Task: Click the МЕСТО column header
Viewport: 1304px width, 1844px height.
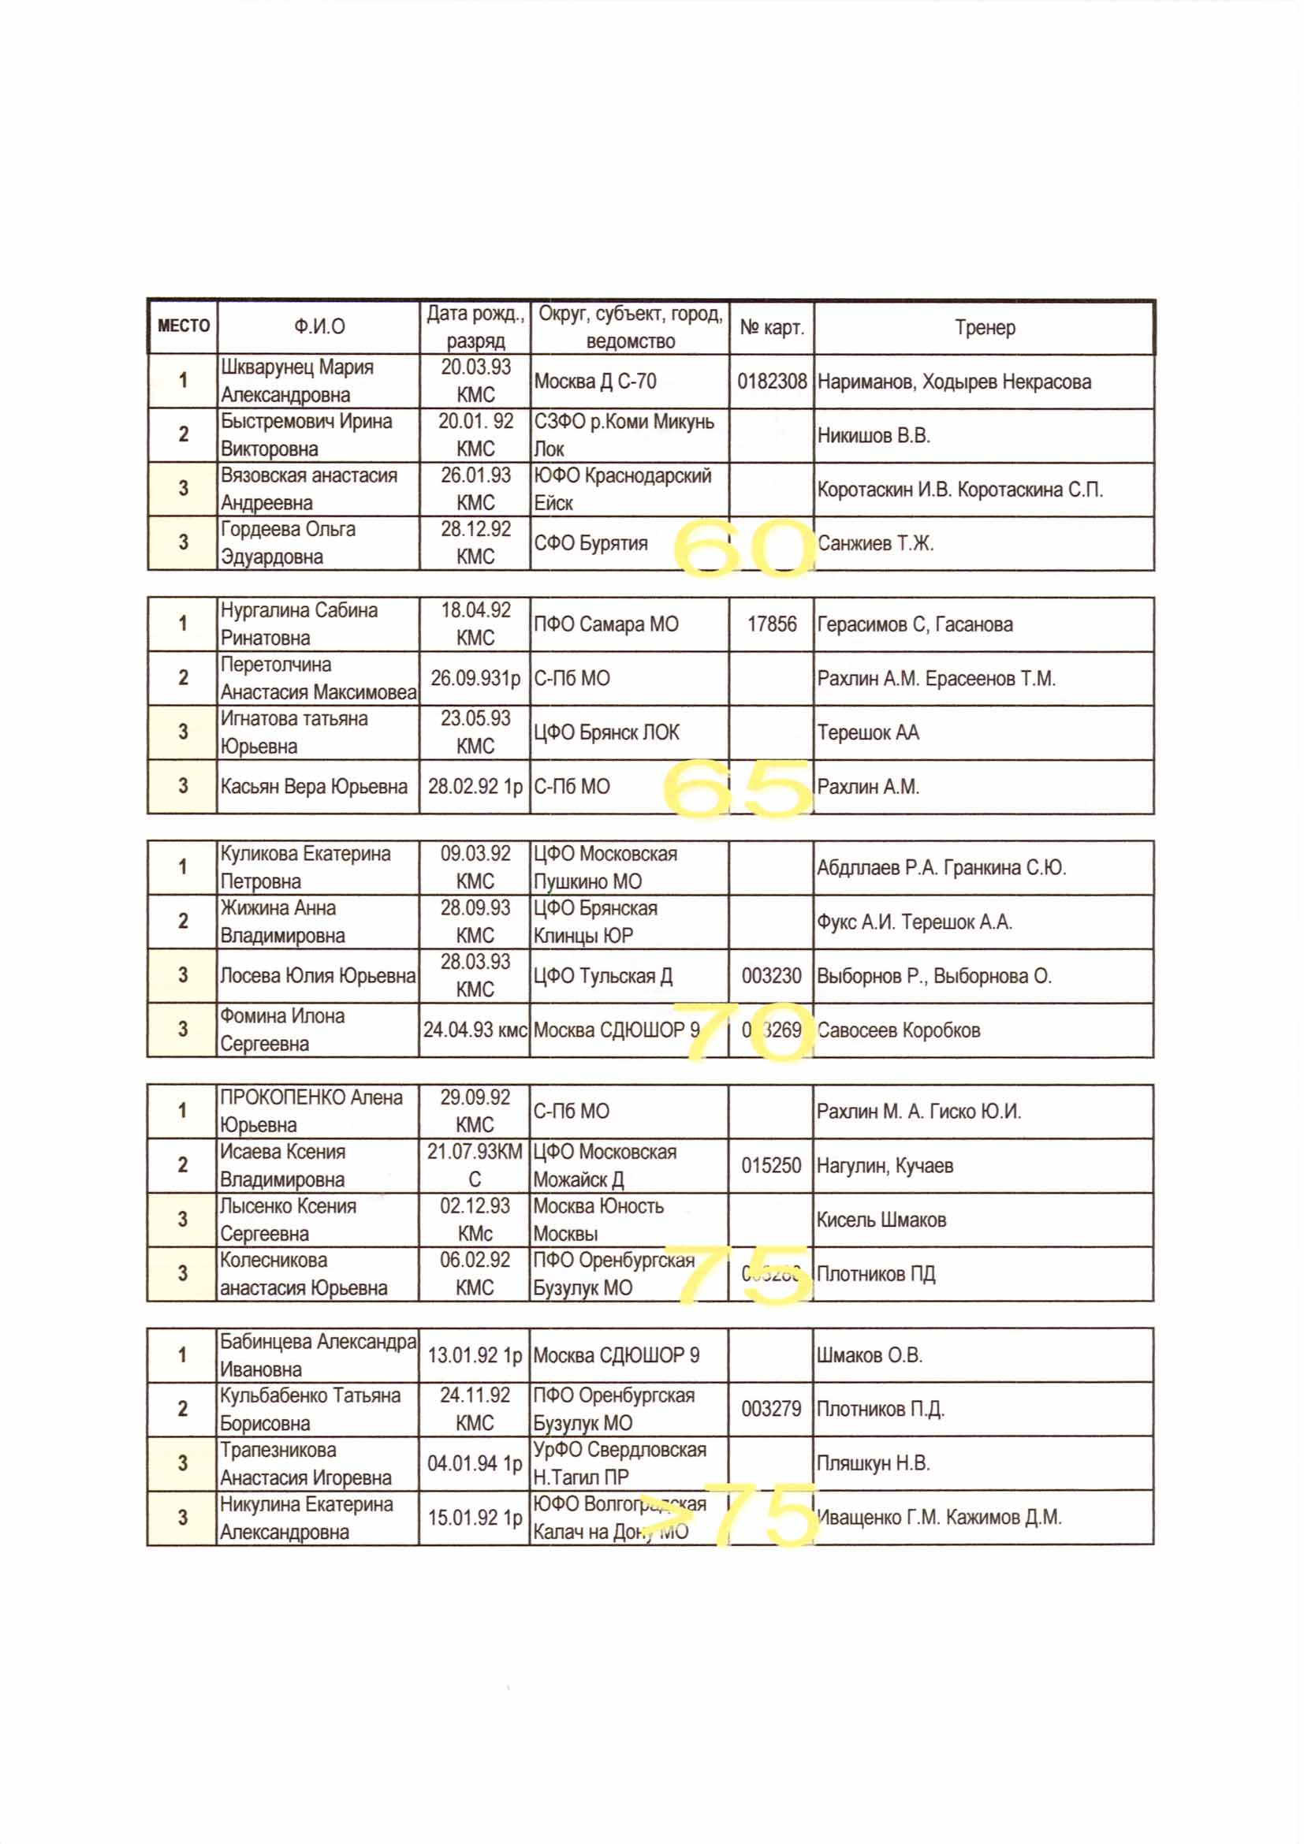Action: [183, 326]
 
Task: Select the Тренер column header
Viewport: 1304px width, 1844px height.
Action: [985, 328]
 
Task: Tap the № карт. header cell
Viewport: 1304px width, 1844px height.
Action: [772, 328]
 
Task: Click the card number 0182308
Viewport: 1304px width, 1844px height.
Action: [772, 382]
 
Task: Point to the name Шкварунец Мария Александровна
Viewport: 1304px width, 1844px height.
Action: [297, 381]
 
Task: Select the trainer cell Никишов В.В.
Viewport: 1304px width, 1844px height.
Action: [873, 435]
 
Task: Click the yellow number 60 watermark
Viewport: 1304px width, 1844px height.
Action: [743, 548]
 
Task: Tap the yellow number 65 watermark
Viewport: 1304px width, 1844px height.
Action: [737, 788]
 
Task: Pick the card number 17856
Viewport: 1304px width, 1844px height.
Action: [772, 624]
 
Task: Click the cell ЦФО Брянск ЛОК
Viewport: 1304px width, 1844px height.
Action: [606, 732]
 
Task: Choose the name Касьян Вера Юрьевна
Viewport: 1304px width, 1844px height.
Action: [314, 786]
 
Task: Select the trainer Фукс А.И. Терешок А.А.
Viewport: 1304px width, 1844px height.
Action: [914, 922]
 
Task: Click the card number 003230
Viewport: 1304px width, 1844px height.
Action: [771, 976]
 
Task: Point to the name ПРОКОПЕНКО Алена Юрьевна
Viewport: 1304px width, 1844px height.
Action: [311, 1111]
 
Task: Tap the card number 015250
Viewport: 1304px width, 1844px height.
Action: [771, 1165]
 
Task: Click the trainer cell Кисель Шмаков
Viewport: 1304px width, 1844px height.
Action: [881, 1219]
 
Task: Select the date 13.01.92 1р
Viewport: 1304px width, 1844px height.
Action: [475, 1355]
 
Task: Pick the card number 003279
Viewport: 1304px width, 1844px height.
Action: [771, 1409]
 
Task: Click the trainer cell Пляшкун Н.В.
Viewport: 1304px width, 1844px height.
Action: [873, 1462]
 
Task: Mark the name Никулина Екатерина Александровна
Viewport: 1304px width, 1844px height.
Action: [307, 1517]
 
